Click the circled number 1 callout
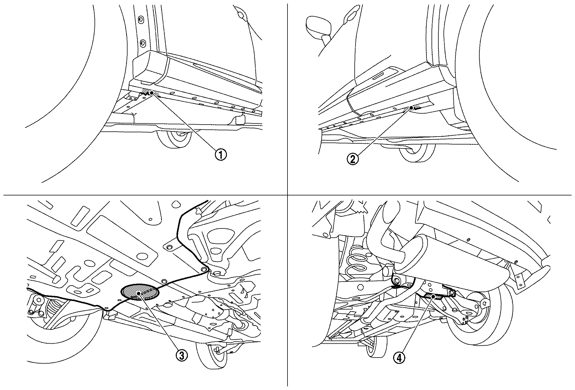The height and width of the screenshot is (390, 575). (x=221, y=155)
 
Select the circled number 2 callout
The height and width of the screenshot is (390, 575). (x=352, y=159)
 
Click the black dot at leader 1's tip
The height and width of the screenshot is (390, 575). (x=151, y=93)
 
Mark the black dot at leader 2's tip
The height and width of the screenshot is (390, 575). (x=411, y=108)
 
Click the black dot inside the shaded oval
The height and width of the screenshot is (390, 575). (x=139, y=293)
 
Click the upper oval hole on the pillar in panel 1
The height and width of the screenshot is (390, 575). (x=140, y=20)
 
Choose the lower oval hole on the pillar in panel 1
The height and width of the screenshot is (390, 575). (x=142, y=43)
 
